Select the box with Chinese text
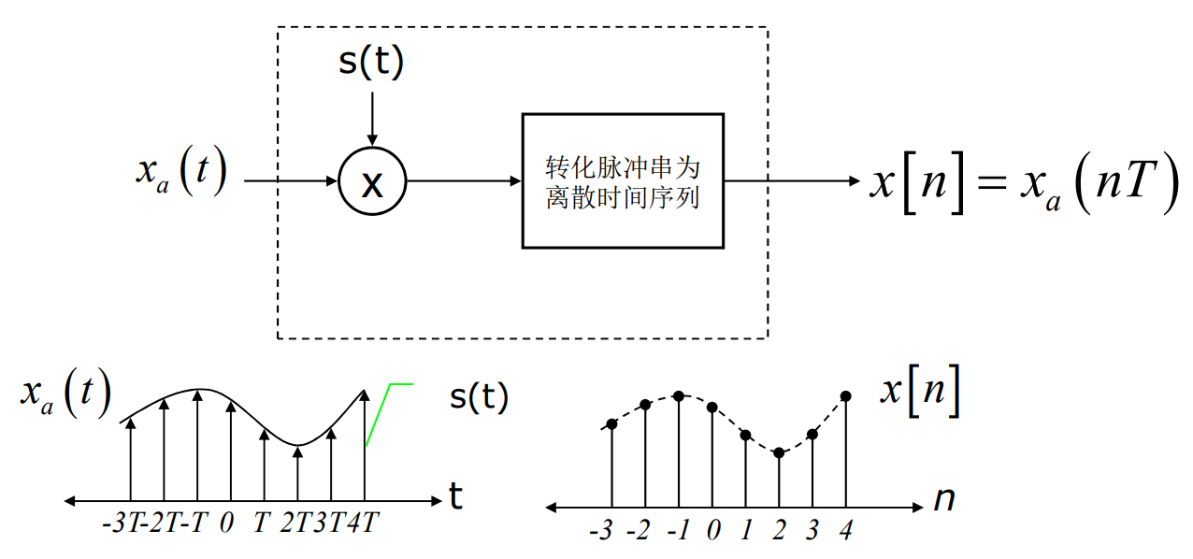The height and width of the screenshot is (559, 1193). tap(623, 181)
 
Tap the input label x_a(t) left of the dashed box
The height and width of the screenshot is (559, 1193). tap(181, 172)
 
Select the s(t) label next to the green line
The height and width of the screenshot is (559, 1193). tap(479, 397)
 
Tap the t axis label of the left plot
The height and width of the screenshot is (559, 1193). tap(455, 497)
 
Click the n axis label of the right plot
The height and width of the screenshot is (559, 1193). tap(944, 501)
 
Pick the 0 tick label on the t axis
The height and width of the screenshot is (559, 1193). tap(226, 523)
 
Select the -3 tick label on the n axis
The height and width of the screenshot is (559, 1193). tap(601, 532)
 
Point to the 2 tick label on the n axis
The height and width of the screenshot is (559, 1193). tap(779, 532)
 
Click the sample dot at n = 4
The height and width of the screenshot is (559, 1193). tap(846, 396)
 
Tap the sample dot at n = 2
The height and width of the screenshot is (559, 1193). tap(779, 452)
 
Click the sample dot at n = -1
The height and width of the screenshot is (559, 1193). tap(679, 395)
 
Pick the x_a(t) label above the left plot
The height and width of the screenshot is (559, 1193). tap(65, 394)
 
